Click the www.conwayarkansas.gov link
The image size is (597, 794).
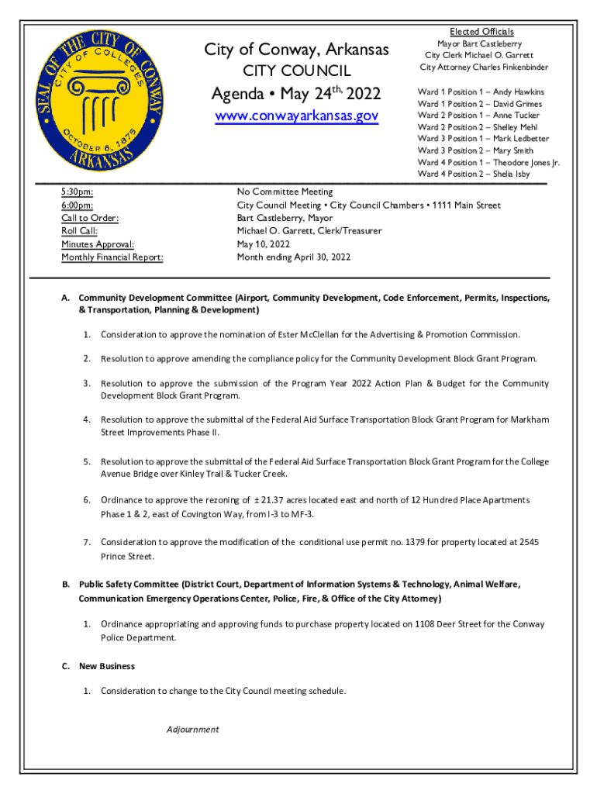click(x=297, y=116)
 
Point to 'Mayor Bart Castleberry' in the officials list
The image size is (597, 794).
click(x=479, y=44)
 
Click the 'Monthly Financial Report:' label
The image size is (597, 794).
click(x=112, y=257)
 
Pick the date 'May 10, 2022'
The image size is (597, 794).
click(x=264, y=244)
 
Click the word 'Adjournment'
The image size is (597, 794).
click(x=192, y=730)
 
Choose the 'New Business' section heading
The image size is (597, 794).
click(x=107, y=666)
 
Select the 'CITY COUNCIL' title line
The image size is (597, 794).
click(x=297, y=72)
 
